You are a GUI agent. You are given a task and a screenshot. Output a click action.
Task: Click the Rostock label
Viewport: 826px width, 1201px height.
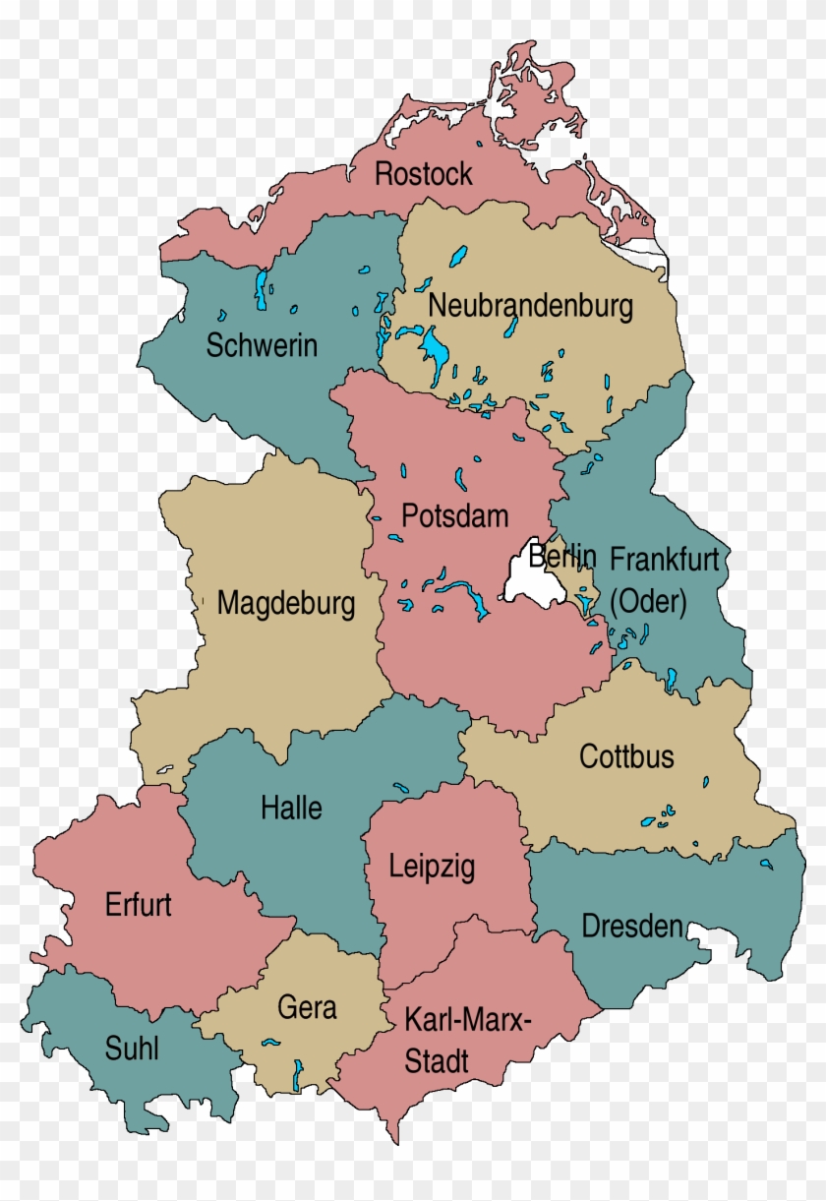point(424,174)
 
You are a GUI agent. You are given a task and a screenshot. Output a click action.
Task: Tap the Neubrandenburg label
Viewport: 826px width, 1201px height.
point(530,306)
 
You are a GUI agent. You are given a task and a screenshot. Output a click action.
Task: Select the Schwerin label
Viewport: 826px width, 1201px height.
point(262,346)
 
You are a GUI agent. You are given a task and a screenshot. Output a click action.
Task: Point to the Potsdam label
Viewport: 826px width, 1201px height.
point(455,515)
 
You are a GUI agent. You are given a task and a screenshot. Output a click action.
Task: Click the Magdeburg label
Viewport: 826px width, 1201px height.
point(286,602)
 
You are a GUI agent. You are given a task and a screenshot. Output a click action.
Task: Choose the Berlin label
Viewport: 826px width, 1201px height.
point(561,556)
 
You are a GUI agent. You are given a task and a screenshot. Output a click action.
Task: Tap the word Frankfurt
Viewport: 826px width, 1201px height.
point(665,560)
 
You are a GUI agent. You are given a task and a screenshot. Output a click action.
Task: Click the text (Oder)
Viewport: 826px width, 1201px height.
point(648,601)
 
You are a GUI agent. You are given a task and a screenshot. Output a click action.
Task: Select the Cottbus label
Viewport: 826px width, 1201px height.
point(626,756)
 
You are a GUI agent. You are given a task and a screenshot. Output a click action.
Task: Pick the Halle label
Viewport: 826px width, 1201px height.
point(291,809)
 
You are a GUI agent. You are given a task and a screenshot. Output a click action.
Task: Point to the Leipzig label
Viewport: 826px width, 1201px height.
point(432,867)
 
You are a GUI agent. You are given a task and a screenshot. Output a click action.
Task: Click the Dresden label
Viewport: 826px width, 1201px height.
point(632,926)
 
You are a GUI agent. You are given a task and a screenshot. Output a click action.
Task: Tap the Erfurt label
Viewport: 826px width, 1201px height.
point(138,905)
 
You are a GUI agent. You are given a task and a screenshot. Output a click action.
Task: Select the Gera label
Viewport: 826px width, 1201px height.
point(307,1008)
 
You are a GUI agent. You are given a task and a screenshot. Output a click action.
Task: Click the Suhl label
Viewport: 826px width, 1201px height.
point(132,1049)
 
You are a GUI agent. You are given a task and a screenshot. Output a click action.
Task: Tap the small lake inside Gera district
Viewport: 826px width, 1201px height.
point(298,1072)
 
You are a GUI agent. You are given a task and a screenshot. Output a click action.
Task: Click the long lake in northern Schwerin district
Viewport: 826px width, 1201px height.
point(261,284)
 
